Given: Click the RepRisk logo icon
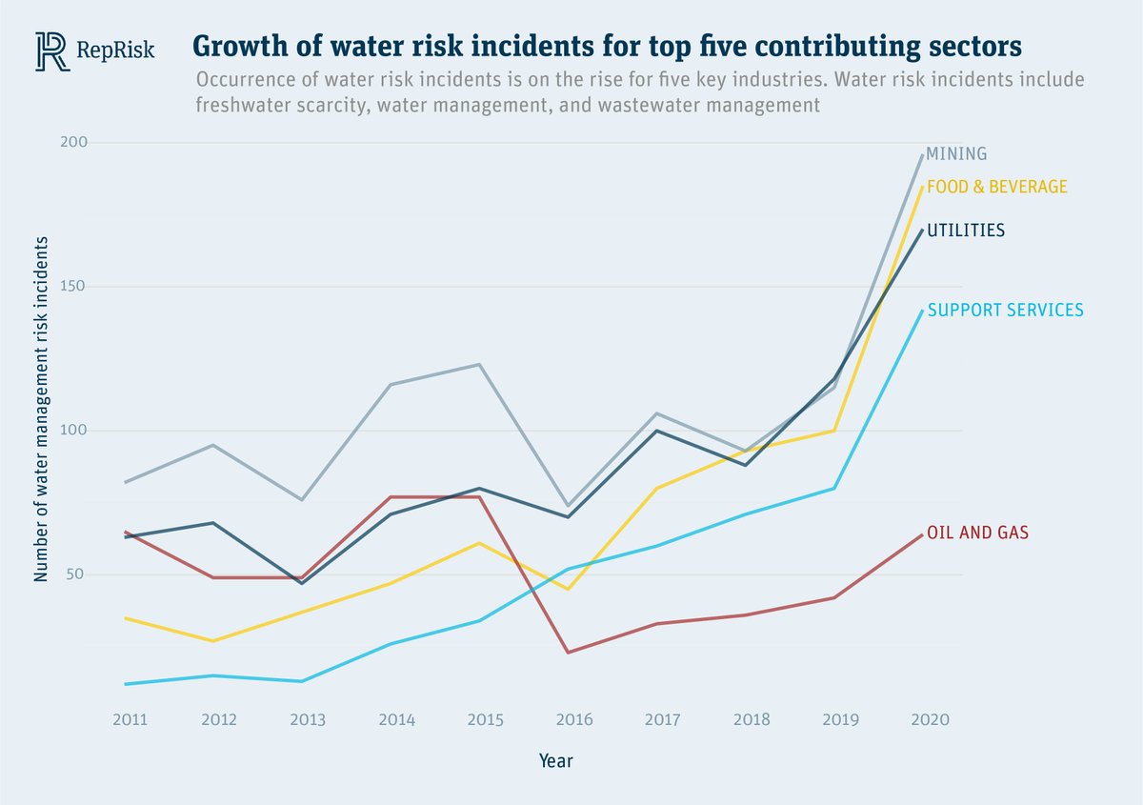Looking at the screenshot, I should (52, 50).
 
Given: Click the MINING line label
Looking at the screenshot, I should (956, 153).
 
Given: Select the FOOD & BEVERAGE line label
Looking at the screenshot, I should (996, 187).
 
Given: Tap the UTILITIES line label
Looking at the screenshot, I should (966, 230).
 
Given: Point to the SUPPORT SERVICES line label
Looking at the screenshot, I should (1005, 310).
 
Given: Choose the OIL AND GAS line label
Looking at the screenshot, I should (977, 533).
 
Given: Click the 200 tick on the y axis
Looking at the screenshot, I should (102, 143).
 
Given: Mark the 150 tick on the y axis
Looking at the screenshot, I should (102, 287).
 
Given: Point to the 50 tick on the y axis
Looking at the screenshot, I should (105, 574).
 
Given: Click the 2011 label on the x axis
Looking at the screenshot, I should (129, 720).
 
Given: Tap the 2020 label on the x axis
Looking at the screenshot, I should (929, 720).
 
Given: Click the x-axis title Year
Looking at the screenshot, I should (555, 761).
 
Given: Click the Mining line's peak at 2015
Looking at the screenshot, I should (479, 364).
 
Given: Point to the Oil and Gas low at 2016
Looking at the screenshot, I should (569, 653).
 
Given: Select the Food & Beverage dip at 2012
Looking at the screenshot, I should (213, 641).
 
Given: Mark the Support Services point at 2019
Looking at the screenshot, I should (835, 489).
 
